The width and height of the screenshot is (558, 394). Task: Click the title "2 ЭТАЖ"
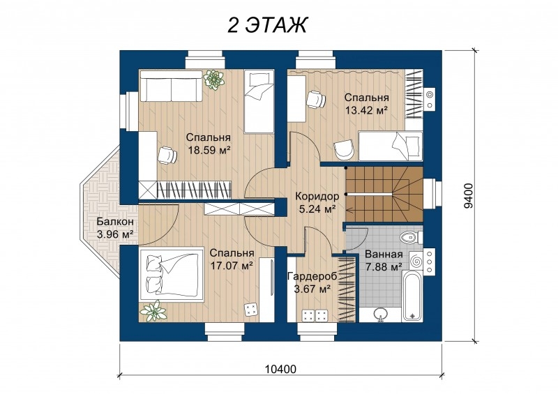click(x=267, y=25)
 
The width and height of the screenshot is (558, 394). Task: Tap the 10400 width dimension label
click(x=280, y=369)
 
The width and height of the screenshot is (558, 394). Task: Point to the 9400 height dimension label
click(x=469, y=195)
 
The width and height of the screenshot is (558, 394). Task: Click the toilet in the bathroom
click(x=411, y=236)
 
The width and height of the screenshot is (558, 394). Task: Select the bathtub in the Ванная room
click(x=412, y=296)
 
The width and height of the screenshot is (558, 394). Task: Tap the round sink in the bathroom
click(x=380, y=314)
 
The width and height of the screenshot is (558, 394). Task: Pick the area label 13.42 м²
click(x=366, y=110)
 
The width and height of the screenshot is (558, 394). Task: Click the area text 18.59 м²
click(x=208, y=150)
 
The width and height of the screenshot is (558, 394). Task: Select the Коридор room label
click(x=317, y=196)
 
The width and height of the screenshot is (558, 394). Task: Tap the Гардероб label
click(x=312, y=276)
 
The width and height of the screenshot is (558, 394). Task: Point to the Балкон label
click(x=115, y=221)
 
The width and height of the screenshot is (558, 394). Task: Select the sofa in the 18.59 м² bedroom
click(x=171, y=86)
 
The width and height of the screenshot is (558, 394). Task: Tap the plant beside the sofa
click(x=213, y=79)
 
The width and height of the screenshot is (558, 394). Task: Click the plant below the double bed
click(x=153, y=310)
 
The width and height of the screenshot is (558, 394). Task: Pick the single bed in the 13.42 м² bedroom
click(x=391, y=146)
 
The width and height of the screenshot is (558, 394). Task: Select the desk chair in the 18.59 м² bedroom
click(x=167, y=156)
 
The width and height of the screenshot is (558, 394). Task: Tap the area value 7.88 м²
click(x=384, y=266)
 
